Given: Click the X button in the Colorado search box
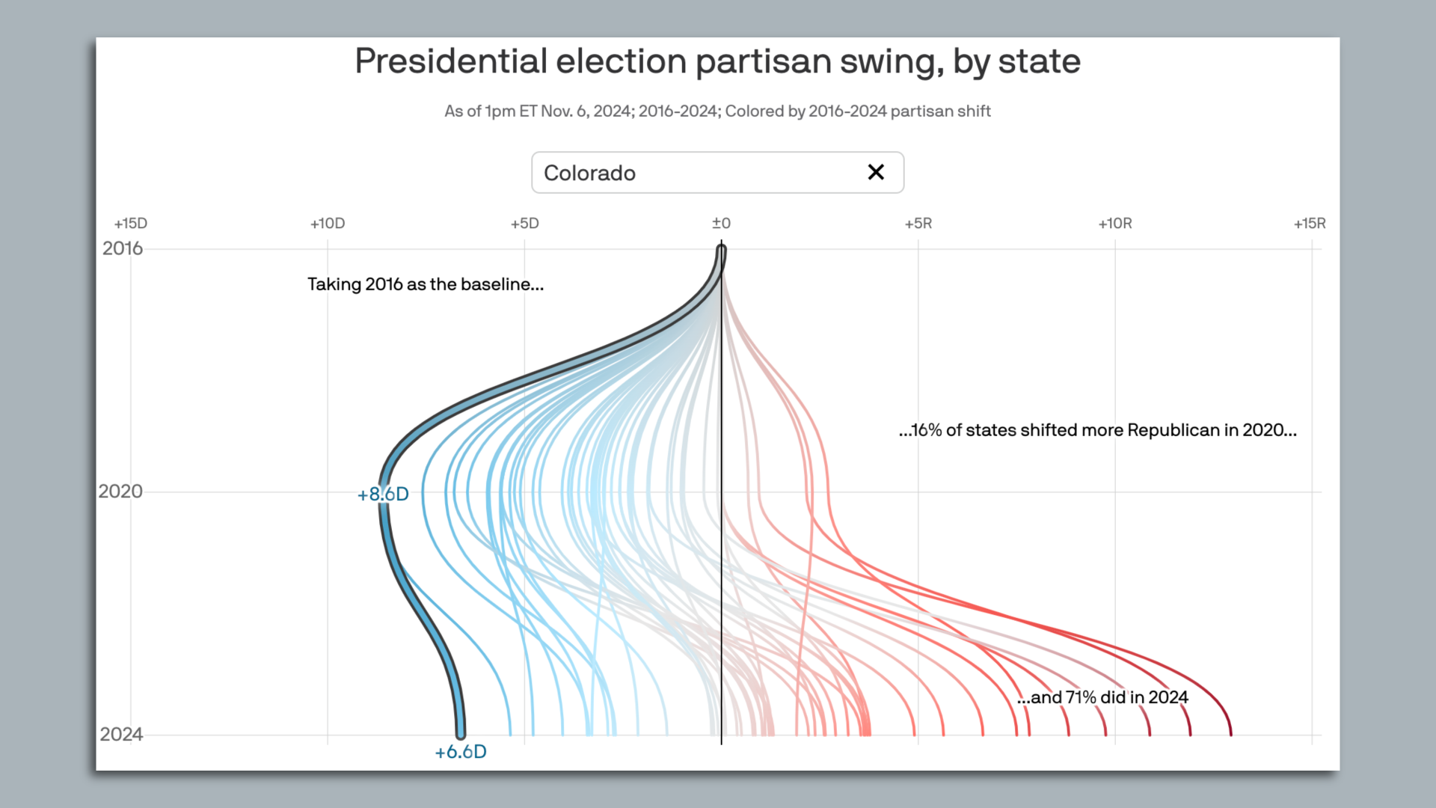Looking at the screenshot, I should (876, 172).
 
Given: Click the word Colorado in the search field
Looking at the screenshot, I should (589, 173).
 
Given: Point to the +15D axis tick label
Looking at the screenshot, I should (131, 223).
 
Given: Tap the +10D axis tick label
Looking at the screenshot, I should (328, 223).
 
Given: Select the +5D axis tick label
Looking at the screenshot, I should (524, 223).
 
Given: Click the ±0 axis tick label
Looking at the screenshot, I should (721, 223).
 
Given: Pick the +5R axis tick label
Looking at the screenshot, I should (918, 223).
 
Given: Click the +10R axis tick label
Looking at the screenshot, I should (1114, 223).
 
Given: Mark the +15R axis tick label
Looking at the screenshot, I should (1310, 223).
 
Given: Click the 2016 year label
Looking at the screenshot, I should (122, 248).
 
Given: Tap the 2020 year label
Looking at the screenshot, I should (120, 492).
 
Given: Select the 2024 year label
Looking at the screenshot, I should (121, 734).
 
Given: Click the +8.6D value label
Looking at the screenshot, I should (383, 494).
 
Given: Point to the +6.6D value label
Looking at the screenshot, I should (461, 751).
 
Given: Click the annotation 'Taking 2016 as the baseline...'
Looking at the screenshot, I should (425, 284).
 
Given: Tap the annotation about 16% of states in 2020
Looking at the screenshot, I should (1097, 430).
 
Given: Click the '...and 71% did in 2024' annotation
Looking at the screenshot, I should (1102, 697).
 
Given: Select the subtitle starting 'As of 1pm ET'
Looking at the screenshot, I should (717, 111).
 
